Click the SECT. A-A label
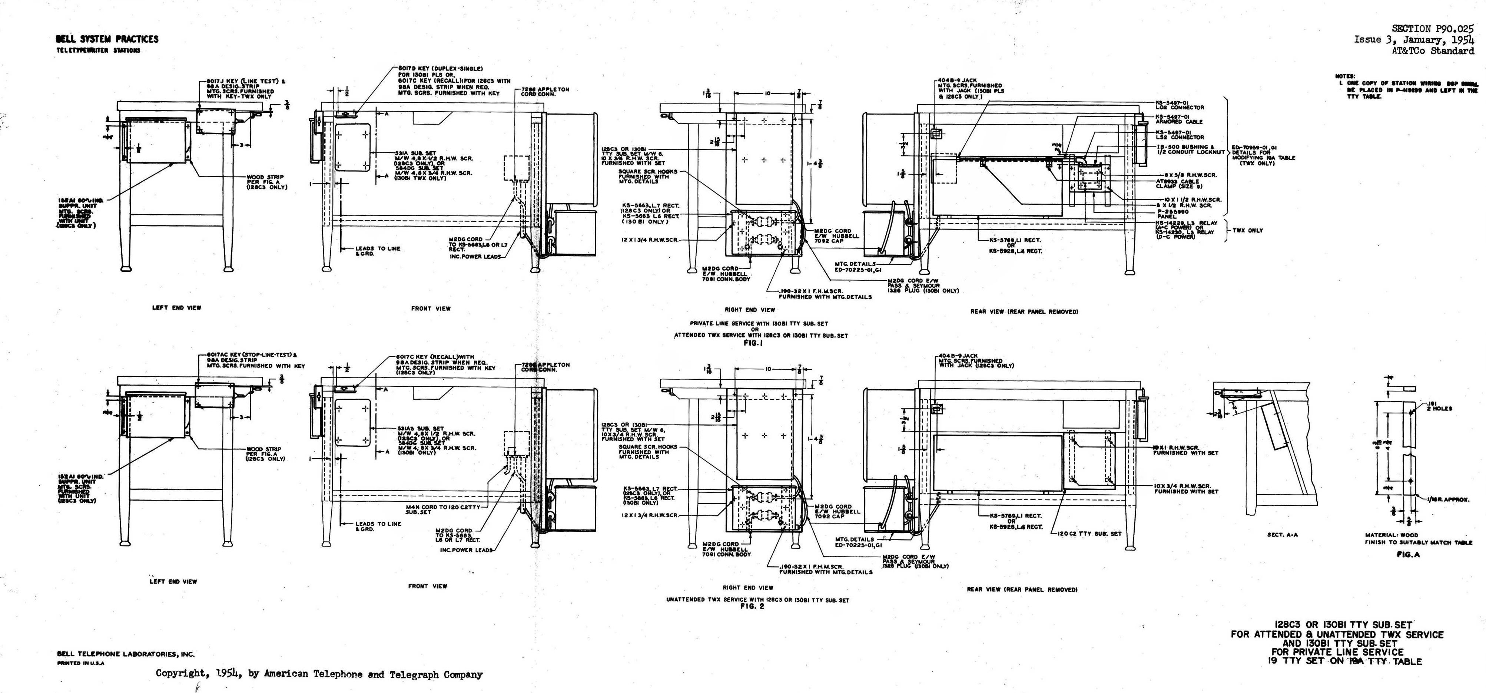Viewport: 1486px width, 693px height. coord(1282,535)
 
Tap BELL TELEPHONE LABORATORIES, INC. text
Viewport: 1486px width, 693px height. coord(126,654)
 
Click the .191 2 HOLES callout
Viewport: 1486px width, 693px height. coord(1436,406)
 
